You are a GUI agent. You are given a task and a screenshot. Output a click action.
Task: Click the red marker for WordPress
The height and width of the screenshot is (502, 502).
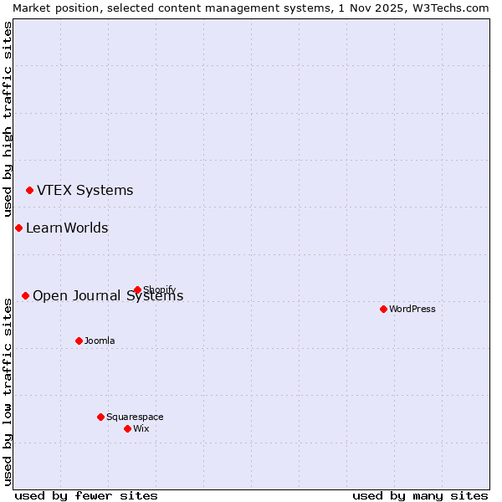pyautogui.click(x=383, y=309)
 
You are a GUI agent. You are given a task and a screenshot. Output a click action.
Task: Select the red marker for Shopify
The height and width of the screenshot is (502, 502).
pyautogui.click(x=137, y=290)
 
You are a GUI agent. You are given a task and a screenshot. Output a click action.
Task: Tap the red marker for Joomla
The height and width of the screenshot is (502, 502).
pyautogui.click(x=79, y=341)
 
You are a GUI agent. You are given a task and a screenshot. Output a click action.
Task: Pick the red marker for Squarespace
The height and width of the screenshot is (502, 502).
pyautogui.click(x=100, y=417)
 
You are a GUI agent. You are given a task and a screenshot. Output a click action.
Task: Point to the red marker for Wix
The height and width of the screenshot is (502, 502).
pyautogui.click(x=127, y=428)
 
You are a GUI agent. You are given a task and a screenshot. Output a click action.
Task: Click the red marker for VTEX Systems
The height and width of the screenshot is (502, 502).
pyautogui.click(x=29, y=191)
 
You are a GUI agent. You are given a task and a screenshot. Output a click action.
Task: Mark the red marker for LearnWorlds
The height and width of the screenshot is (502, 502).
pyautogui.click(x=18, y=228)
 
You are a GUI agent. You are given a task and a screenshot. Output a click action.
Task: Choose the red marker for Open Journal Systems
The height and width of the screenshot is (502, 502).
pyautogui.click(x=25, y=295)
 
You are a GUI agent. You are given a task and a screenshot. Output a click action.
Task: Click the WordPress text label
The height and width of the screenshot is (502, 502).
pyautogui.click(x=412, y=309)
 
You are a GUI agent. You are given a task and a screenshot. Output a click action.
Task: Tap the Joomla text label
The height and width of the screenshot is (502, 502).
pyautogui.click(x=100, y=341)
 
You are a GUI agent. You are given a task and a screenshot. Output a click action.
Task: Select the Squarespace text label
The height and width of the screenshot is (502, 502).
pyautogui.click(x=135, y=417)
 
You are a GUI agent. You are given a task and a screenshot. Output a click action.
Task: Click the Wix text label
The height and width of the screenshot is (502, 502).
pyautogui.click(x=141, y=428)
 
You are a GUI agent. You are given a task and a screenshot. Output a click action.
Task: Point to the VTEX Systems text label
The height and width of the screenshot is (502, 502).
pyautogui.click(x=85, y=191)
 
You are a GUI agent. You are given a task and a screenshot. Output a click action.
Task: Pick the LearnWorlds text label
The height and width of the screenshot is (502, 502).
pyautogui.click(x=67, y=228)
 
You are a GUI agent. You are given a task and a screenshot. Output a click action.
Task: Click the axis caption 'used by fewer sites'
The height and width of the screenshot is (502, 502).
pyautogui.click(x=86, y=495)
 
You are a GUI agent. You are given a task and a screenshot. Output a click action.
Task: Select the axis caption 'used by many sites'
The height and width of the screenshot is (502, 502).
pyautogui.click(x=420, y=495)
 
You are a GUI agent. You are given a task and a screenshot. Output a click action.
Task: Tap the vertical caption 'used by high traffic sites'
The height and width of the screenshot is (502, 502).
pyautogui.click(x=8, y=120)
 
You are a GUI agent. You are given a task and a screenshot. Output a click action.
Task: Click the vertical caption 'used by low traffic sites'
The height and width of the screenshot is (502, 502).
pyautogui.click(x=8, y=389)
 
